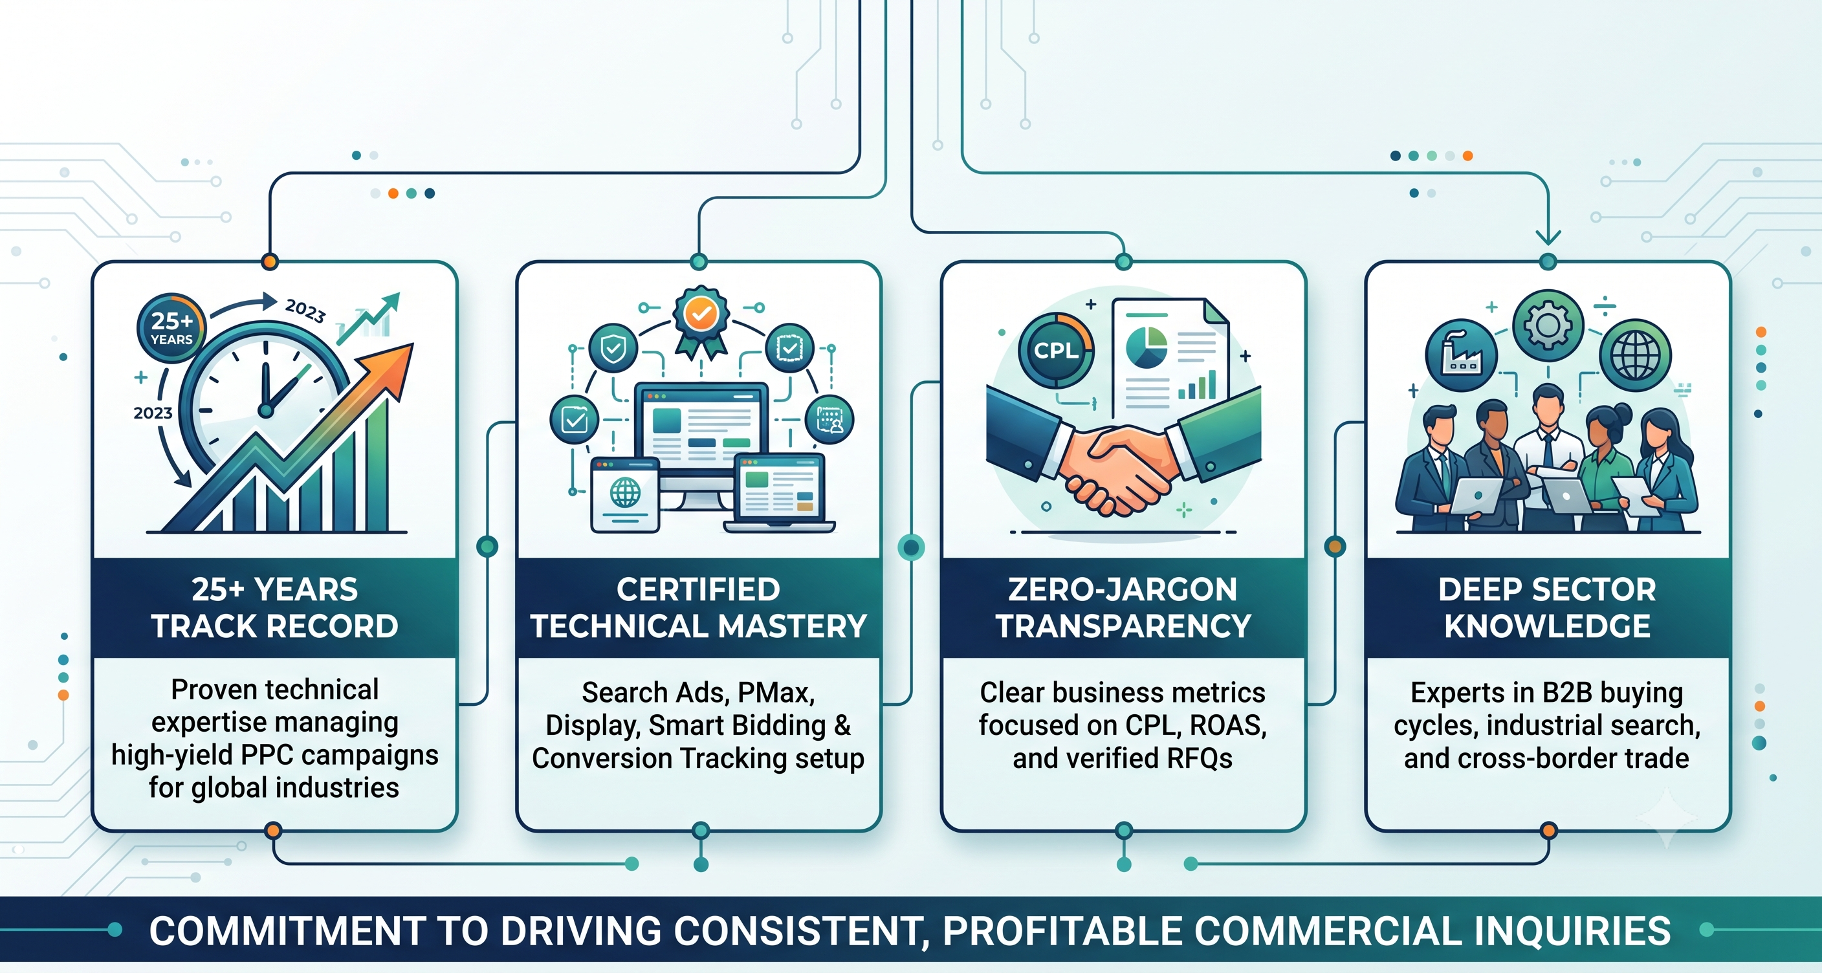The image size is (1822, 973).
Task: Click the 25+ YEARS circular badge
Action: pyautogui.click(x=170, y=328)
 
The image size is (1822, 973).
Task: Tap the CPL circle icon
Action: pyautogui.click(x=1056, y=350)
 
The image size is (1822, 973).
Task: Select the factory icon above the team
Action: pyautogui.click(x=1461, y=356)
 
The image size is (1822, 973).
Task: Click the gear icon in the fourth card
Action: pyautogui.click(x=1548, y=325)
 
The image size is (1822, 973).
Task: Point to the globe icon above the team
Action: pyautogui.click(x=1635, y=355)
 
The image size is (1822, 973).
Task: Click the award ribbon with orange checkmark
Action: pyautogui.click(x=701, y=320)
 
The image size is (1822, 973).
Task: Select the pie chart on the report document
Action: pyautogui.click(x=1146, y=347)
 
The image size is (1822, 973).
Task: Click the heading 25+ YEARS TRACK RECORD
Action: pyautogui.click(x=274, y=607)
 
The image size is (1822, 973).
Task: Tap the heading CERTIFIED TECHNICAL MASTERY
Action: pyautogui.click(x=699, y=607)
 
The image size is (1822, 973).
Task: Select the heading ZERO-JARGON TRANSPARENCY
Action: pyautogui.click(x=1123, y=607)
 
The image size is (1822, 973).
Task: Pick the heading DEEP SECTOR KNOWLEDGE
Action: pyautogui.click(x=1548, y=607)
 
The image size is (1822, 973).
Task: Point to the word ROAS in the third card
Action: pyautogui.click(x=1228, y=725)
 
